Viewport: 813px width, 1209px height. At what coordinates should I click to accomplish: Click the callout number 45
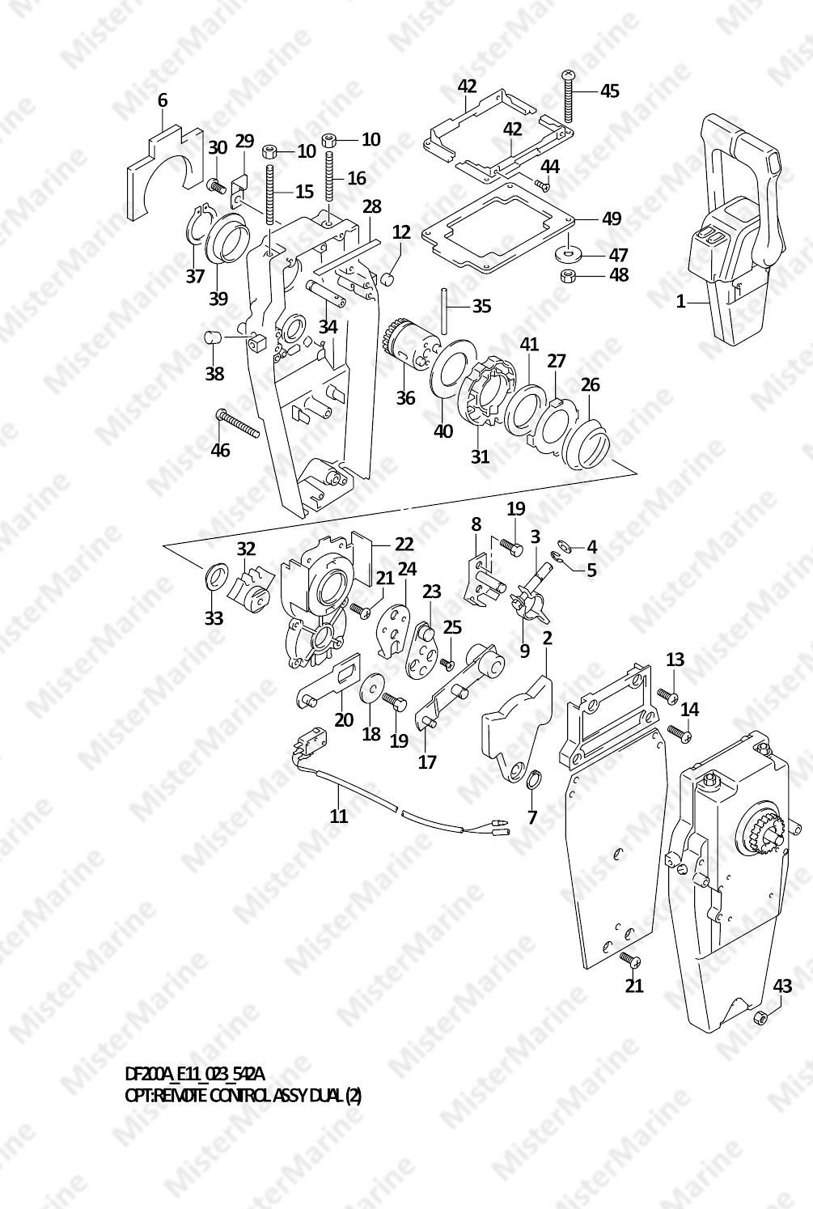click(610, 91)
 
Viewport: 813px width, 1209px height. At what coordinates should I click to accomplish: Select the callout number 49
click(612, 218)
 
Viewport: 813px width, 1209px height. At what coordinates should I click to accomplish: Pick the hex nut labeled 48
click(569, 276)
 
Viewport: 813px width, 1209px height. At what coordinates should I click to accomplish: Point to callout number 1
click(681, 301)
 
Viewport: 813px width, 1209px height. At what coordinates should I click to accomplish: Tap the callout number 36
click(405, 398)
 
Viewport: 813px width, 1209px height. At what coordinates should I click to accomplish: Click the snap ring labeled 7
click(532, 780)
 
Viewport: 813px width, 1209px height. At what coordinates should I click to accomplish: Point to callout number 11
click(339, 815)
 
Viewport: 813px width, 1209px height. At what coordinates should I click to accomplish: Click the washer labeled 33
click(217, 577)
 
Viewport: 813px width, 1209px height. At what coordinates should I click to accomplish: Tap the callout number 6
click(163, 100)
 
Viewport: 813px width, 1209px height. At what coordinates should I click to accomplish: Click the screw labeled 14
click(680, 733)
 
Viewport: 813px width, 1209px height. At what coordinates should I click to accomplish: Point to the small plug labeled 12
click(386, 279)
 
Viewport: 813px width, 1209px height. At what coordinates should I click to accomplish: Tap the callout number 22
click(404, 544)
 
